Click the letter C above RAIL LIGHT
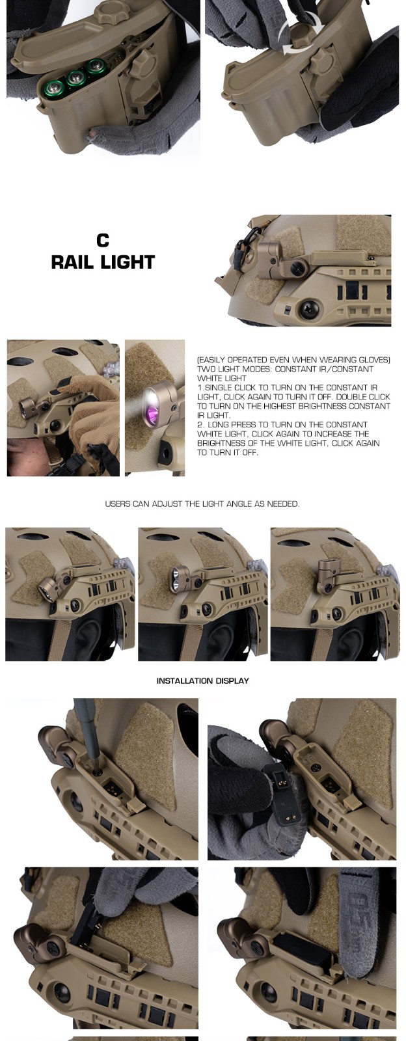[103, 241]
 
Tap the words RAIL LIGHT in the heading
[103, 262]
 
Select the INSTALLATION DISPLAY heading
[202, 681]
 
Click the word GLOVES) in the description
[373, 360]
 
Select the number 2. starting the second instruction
[200, 424]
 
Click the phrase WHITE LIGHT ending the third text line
[222, 378]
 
